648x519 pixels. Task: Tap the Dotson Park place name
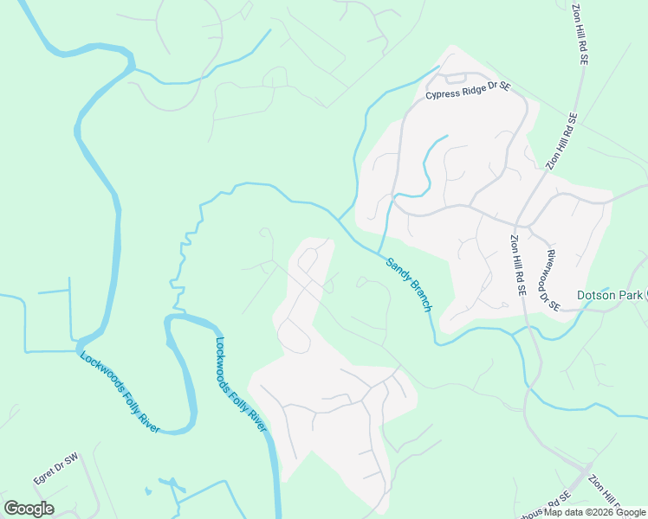pos(611,296)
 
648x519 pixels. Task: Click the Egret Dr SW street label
pos(55,468)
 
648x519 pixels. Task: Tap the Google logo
pos(29,509)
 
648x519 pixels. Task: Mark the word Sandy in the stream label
pos(397,270)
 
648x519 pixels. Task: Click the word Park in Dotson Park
pos(632,296)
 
